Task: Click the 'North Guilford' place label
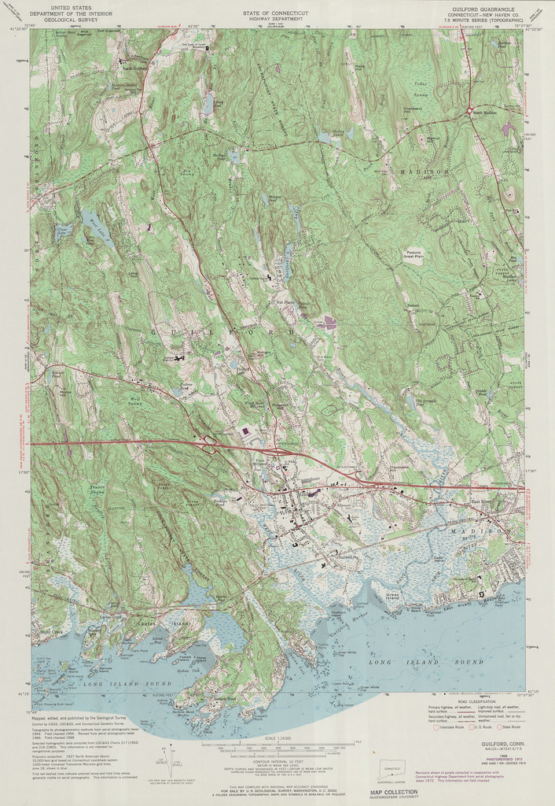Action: [134, 68]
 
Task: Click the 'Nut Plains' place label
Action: [283, 300]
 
